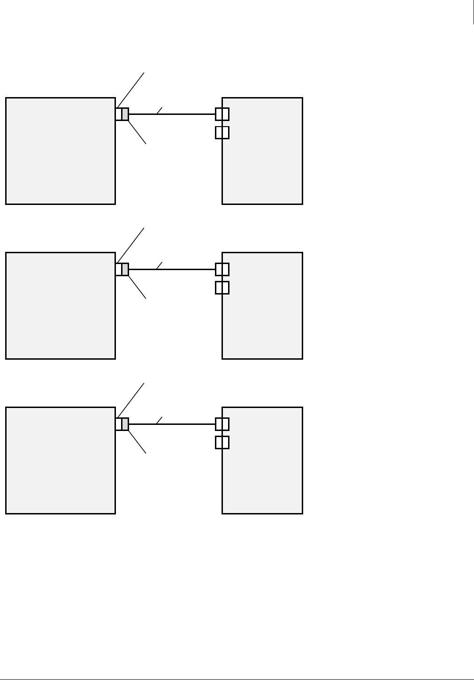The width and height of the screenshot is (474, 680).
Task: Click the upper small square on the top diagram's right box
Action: click(x=222, y=114)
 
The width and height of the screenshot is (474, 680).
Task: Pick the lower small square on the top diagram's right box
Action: click(x=222, y=132)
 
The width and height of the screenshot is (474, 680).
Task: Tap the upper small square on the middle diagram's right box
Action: click(x=222, y=269)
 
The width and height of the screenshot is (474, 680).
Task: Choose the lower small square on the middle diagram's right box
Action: click(x=222, y=287)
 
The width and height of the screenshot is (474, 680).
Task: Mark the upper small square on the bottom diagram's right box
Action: click(x=222, y=424)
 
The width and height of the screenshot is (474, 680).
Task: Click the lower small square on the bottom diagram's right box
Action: click(x=222, y=442)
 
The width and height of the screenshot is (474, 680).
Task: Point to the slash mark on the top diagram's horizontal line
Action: click(x=159, y=111)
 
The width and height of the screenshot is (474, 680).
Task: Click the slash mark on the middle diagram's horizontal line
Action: click(x=159, y=265)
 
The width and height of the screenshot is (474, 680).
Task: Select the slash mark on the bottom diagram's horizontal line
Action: click(x=159, y=420)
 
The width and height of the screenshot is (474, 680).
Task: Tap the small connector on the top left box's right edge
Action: click(x=122, y=114)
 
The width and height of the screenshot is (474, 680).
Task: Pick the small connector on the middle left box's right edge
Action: click(x=122, y=269)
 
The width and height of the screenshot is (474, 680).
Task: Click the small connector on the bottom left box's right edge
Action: click(x=122, y=424)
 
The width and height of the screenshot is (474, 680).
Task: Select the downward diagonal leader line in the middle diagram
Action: click(x=137, y=287)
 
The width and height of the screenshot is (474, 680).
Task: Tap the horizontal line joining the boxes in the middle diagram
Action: click(x=188, y=269)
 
